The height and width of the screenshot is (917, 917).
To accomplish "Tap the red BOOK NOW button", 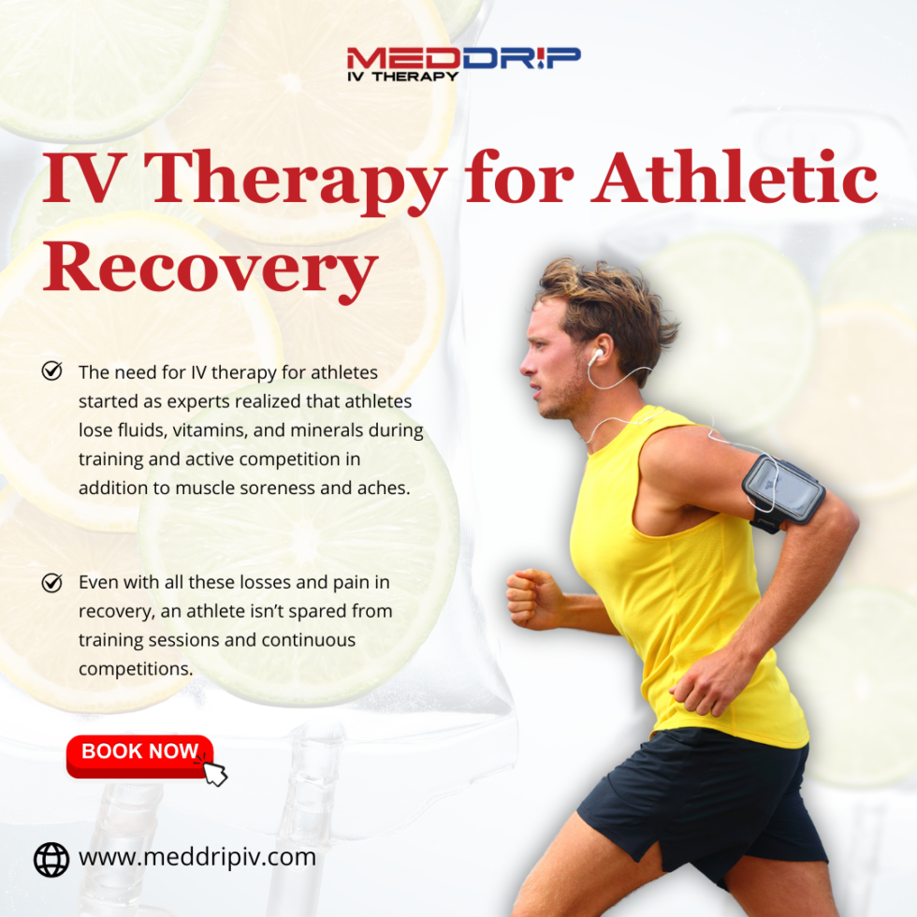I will pos(139,752).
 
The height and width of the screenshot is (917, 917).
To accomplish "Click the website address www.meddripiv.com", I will pos(196,857).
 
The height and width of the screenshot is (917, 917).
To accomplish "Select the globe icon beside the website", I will pos(51,859).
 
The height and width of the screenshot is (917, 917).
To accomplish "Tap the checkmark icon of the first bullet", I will pos(52,371).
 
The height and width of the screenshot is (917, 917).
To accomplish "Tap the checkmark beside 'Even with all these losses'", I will pos(52,582).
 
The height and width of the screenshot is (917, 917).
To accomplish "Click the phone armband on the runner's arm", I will pos(783,488).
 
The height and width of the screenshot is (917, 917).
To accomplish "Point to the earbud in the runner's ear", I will pos(595,356).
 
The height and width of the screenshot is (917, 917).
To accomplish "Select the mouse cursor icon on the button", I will pos(214,772).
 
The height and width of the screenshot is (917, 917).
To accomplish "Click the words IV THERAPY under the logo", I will pos(402,75).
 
